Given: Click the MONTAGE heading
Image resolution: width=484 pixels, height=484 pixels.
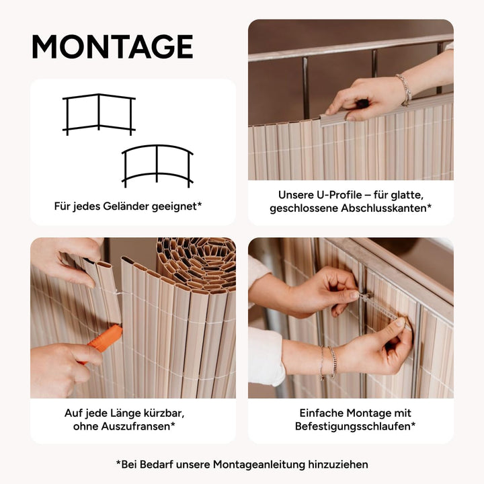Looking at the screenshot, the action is point(112,46).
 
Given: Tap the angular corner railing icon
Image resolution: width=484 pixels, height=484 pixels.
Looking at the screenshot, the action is point(99,114).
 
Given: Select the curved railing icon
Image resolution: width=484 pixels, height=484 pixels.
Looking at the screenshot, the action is point(157,166).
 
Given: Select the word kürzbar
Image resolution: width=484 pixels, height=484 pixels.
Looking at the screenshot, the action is point(163,413).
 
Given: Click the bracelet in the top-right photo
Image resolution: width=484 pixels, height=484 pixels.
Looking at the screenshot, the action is point(405,89).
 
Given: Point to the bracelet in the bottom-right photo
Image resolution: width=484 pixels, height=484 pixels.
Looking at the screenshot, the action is point(328,362).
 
